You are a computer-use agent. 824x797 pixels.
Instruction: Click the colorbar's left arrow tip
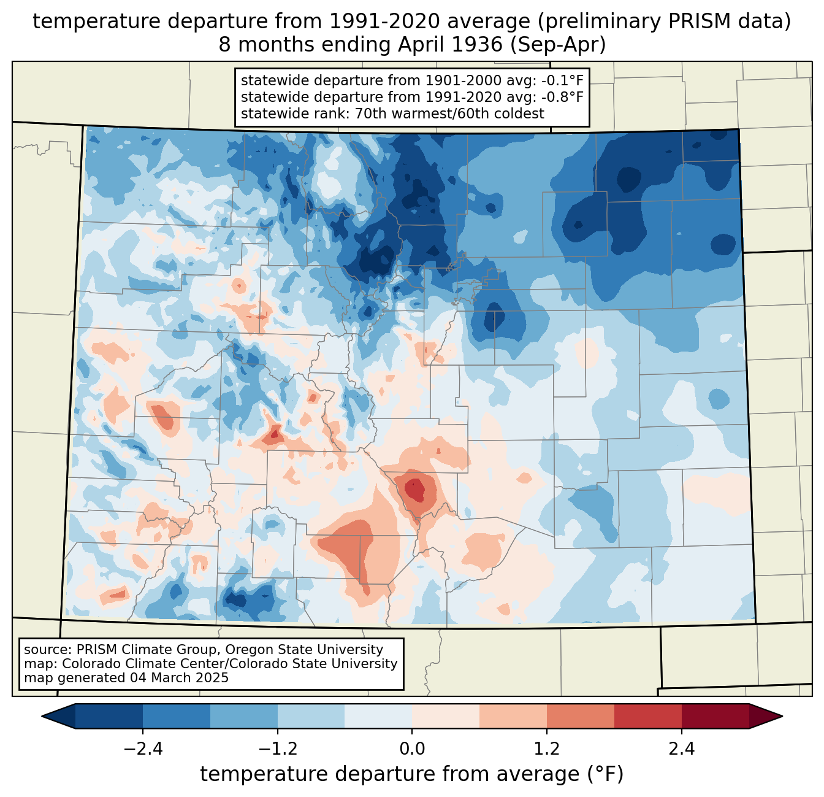tap(42, 716)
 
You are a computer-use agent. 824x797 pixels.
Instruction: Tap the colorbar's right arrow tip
tap(782, 716)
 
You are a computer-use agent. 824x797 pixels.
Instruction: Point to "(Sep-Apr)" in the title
tap(558, 45)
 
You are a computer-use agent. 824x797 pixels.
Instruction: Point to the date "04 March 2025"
tap(179, 677)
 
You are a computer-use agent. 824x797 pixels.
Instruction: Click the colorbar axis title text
tap(411, 774)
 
